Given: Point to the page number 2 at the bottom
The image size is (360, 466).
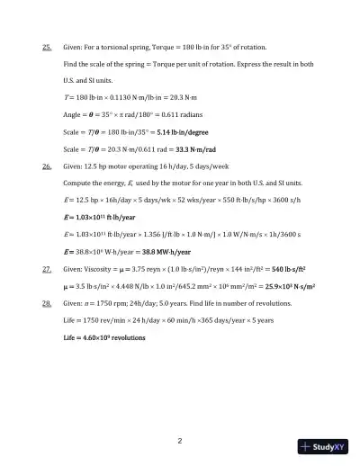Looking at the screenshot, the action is point(180,441).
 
